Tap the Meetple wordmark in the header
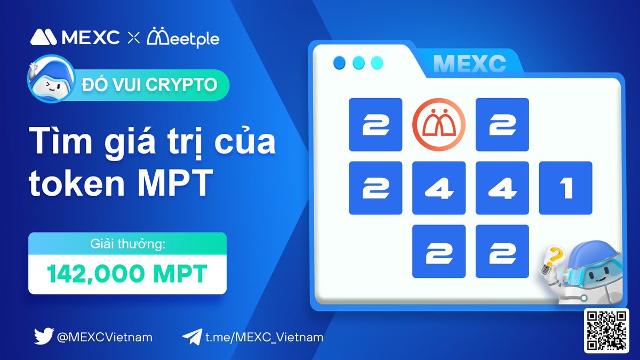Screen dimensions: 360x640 (x=183, y=37)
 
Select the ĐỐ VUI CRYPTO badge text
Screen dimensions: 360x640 (x=149, y=85)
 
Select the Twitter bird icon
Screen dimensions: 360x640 (x=43, y=337)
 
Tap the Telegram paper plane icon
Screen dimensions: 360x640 (x=191, y=337)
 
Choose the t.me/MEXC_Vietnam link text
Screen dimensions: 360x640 (x=264, y=337)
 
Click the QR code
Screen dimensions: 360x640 (x=606, y=330)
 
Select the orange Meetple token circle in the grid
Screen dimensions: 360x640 (x=438, y=124)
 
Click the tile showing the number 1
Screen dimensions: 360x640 (x=565, y=188)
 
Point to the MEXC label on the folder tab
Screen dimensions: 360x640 (x=469, y=64)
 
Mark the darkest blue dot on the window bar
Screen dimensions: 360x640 (x=340, y=63)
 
